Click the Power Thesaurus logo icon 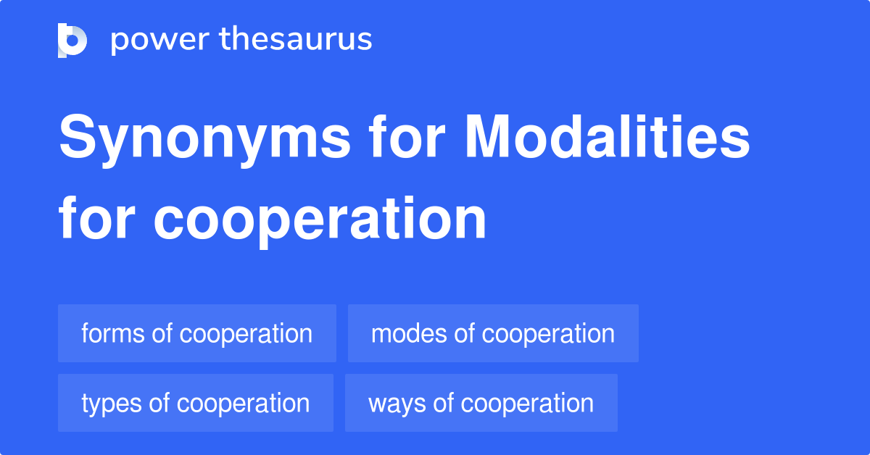(72, 40)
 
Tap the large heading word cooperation (320, 220)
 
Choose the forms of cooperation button (196, 333)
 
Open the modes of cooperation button (493, 333)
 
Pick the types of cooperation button (195, 403)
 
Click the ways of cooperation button (481, 403)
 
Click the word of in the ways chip (443, 403)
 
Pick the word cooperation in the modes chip (548, 333)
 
